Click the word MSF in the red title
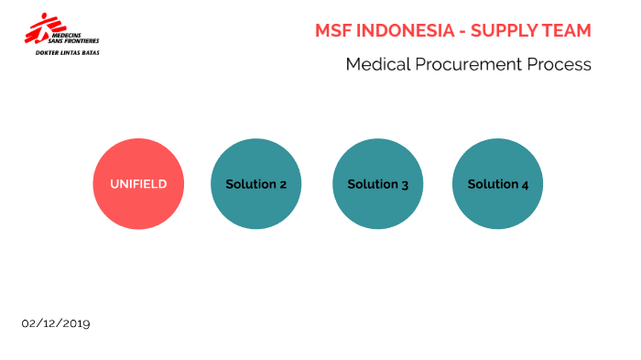tap(333, 30)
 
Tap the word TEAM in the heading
tap(568, 30)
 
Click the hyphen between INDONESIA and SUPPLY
tap(462, 31)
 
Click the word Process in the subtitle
tap(560, 65)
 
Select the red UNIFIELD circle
tap(138, 184)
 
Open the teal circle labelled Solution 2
tap(256, 184)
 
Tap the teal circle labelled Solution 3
tap(377, 184)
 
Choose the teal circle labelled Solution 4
tap(498, 184)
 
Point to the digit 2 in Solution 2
tap(283, 185)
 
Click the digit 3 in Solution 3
tap(405, 185)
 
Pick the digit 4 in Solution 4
tap(525, 185)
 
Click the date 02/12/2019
tap(56, 323)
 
